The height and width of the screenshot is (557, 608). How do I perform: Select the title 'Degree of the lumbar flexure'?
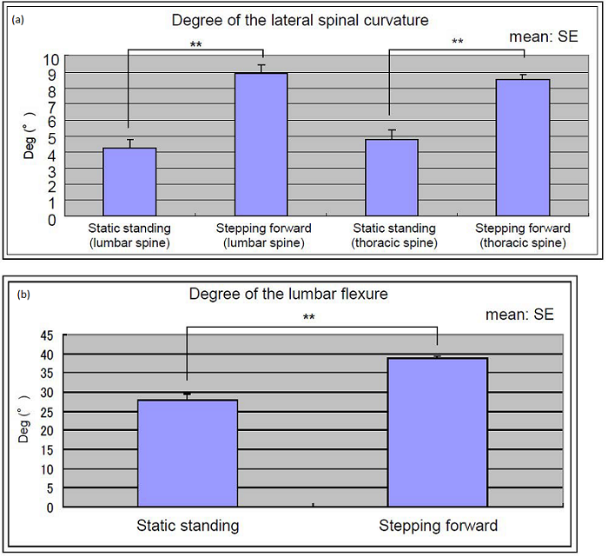tap(288, 294)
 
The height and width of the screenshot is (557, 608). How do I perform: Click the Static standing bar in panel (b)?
tap(187, 453)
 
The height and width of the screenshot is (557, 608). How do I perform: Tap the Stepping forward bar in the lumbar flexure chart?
tap(437, 432)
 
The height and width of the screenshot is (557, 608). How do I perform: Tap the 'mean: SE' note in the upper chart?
tap(543, 37)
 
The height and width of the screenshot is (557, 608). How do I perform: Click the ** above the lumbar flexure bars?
tap(309, 318)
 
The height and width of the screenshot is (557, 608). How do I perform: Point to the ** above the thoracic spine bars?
tap(458, 42)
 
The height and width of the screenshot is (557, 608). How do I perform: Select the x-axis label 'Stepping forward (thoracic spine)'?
tap(523, 235)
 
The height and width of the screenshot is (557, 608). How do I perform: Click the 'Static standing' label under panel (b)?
tap(188, 526)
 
